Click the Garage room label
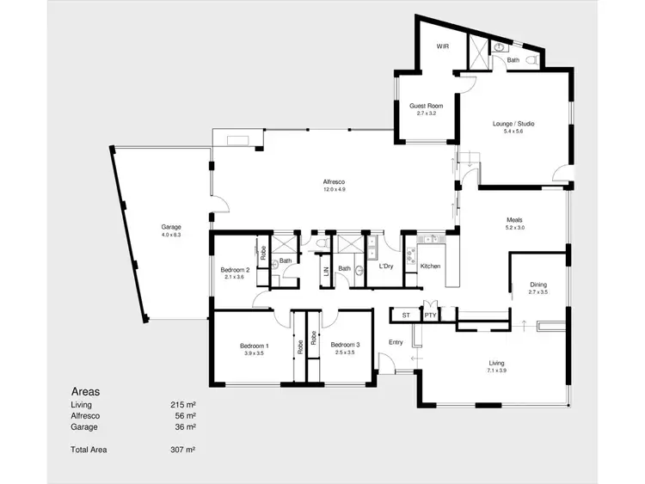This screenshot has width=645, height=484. [170, 227]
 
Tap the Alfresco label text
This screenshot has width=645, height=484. [334, 181]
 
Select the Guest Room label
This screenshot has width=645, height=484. [427, 106]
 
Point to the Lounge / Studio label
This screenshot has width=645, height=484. [513, 124]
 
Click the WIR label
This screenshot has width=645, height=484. [443, 46]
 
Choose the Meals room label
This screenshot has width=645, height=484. [513, 220]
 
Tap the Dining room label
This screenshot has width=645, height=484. [537, 285]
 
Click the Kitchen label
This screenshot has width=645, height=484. [430, 267]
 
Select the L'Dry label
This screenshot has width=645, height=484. [386, 267]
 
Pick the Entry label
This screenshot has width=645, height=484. [396, 342]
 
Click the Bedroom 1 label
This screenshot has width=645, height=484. [255, 345]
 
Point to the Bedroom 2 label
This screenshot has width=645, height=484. [235, 269]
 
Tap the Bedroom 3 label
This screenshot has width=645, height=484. [344, 345]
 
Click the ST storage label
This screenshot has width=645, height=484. [406, 316]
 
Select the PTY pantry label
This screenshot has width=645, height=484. [430, 316]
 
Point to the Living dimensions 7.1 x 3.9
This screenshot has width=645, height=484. [497, 371]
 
